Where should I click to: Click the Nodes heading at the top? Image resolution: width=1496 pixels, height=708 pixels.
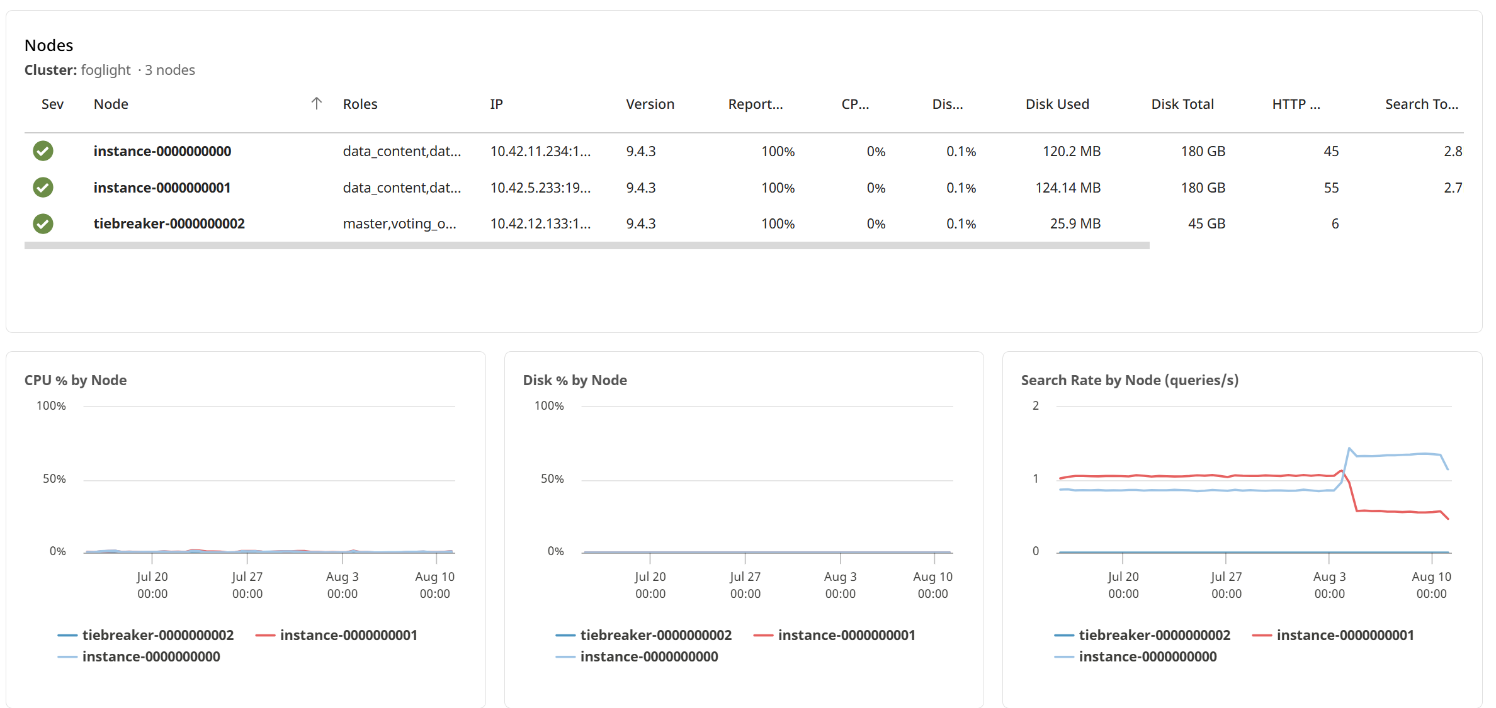coord(48,45)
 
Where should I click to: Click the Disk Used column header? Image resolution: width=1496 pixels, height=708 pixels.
coord(1057,104)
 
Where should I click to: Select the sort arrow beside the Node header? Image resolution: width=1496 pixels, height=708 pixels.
coord(317,104)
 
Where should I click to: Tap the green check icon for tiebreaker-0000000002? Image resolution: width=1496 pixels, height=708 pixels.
coord(43,224)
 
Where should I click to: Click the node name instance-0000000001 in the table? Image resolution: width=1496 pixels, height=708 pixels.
coord(162,188)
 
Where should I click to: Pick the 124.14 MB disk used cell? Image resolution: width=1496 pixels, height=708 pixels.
coord(1068,188)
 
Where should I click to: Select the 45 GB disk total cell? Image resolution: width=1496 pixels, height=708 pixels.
coord(1206,224)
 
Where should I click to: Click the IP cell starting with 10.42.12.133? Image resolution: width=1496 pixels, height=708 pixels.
coord(540,224)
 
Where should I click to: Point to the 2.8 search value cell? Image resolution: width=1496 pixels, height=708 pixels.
coord(1453,152)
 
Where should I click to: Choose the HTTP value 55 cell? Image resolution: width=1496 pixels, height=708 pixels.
coord(1331,188)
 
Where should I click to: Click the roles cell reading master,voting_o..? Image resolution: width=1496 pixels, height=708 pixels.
coord(399,224)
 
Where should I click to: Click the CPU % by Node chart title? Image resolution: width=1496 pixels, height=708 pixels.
coord(76,380)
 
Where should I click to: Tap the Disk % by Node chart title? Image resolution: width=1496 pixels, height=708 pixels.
coord(575,380)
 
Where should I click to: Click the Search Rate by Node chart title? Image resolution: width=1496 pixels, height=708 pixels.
coord(1130,380)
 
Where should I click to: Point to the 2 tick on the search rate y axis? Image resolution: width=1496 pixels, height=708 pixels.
coord(1036,406)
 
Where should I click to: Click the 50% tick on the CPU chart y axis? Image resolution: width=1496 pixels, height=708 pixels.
coord(54,479)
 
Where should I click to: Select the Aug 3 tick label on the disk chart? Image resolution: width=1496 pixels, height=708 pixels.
coord(840,585)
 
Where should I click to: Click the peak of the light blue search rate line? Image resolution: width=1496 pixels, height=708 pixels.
coord(1349,448)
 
